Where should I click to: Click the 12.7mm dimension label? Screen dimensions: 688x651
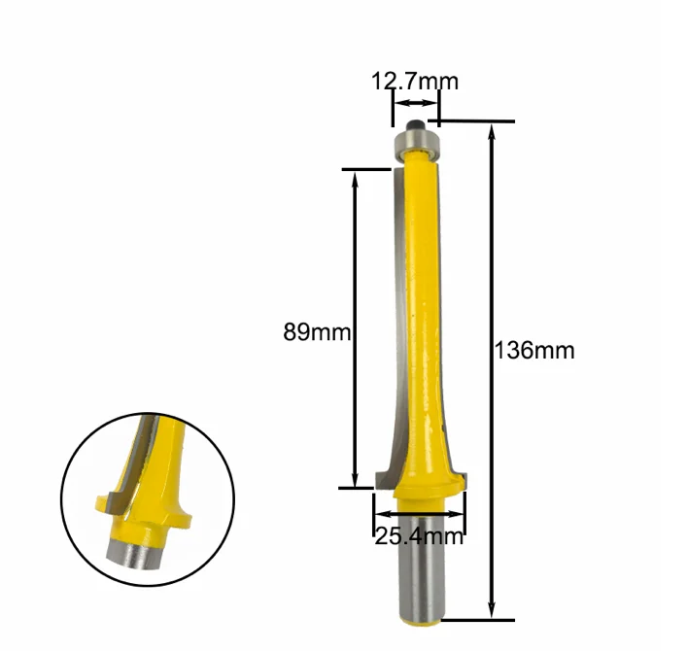click(415, 82)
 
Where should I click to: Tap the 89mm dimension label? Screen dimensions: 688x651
click(317, 332)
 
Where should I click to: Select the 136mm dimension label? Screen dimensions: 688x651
click(534, 351)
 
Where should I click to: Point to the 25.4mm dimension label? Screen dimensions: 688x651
click(419, 536)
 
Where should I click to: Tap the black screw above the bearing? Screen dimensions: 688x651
click(415, 124)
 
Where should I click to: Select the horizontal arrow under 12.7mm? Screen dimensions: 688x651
click(416, 103)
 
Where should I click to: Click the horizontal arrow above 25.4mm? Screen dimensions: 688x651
click(419, 514)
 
